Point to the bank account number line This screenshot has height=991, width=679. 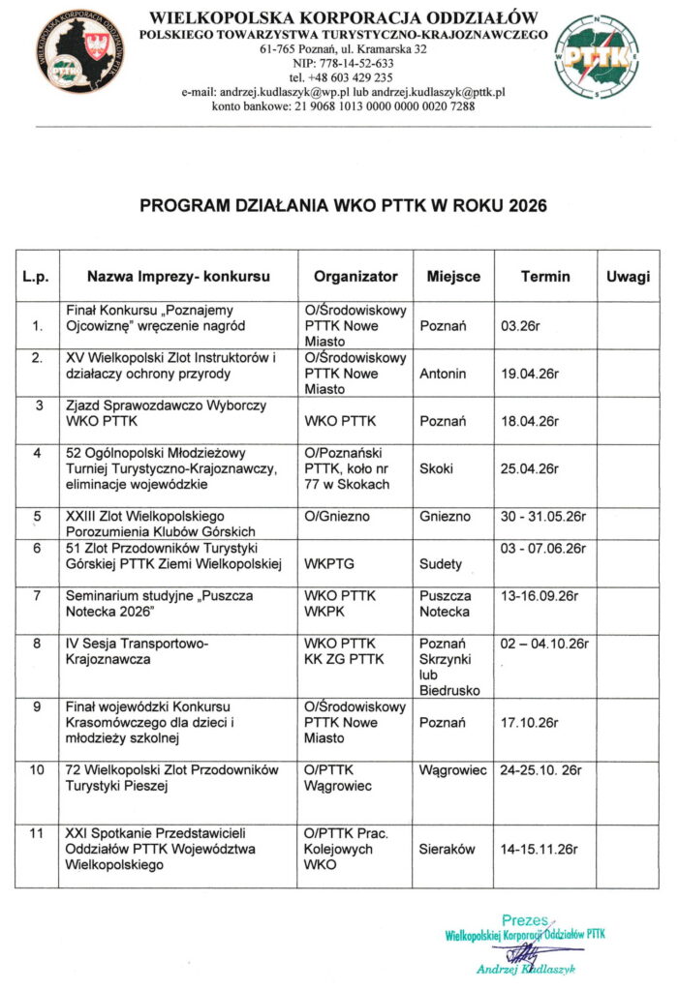[x=343, y=105]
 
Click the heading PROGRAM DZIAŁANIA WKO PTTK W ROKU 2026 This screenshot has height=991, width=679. [x=343, y=206]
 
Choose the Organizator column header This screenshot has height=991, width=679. [x=355, y=276]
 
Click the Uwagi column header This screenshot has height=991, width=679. [x=628, y=276]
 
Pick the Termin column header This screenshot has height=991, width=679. [x=545, y=276]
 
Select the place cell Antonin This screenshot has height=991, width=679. [x=443, y=374]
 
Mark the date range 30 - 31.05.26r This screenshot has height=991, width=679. [x=540, y=517]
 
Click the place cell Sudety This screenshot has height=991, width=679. [x=441, y=563]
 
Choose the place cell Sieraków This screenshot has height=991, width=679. [x=447, y=849]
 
